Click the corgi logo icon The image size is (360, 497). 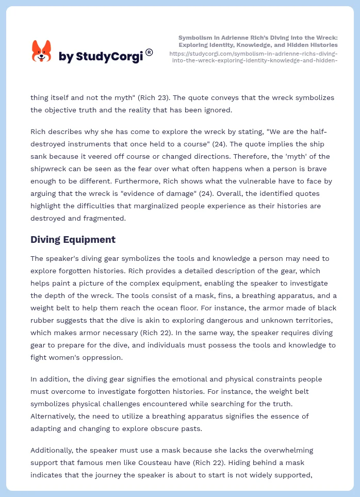point(42,52)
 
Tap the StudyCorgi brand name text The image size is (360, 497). point(101,57)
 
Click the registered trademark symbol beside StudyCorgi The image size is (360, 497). point(149,52)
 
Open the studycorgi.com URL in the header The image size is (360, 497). point(253,57)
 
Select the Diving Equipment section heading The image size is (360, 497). point(73,239)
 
